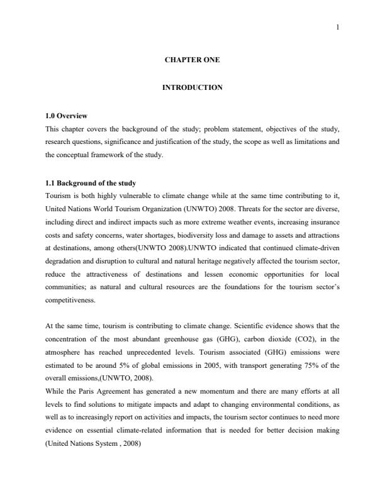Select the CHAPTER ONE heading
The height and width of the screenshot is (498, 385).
click(192, 60)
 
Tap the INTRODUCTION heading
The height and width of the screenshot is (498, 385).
click(192, 87)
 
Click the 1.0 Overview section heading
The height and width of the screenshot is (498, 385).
click(66, 116)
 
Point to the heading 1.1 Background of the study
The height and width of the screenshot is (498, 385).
click(91, 184)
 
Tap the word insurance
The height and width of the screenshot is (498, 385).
click(320, 219)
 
